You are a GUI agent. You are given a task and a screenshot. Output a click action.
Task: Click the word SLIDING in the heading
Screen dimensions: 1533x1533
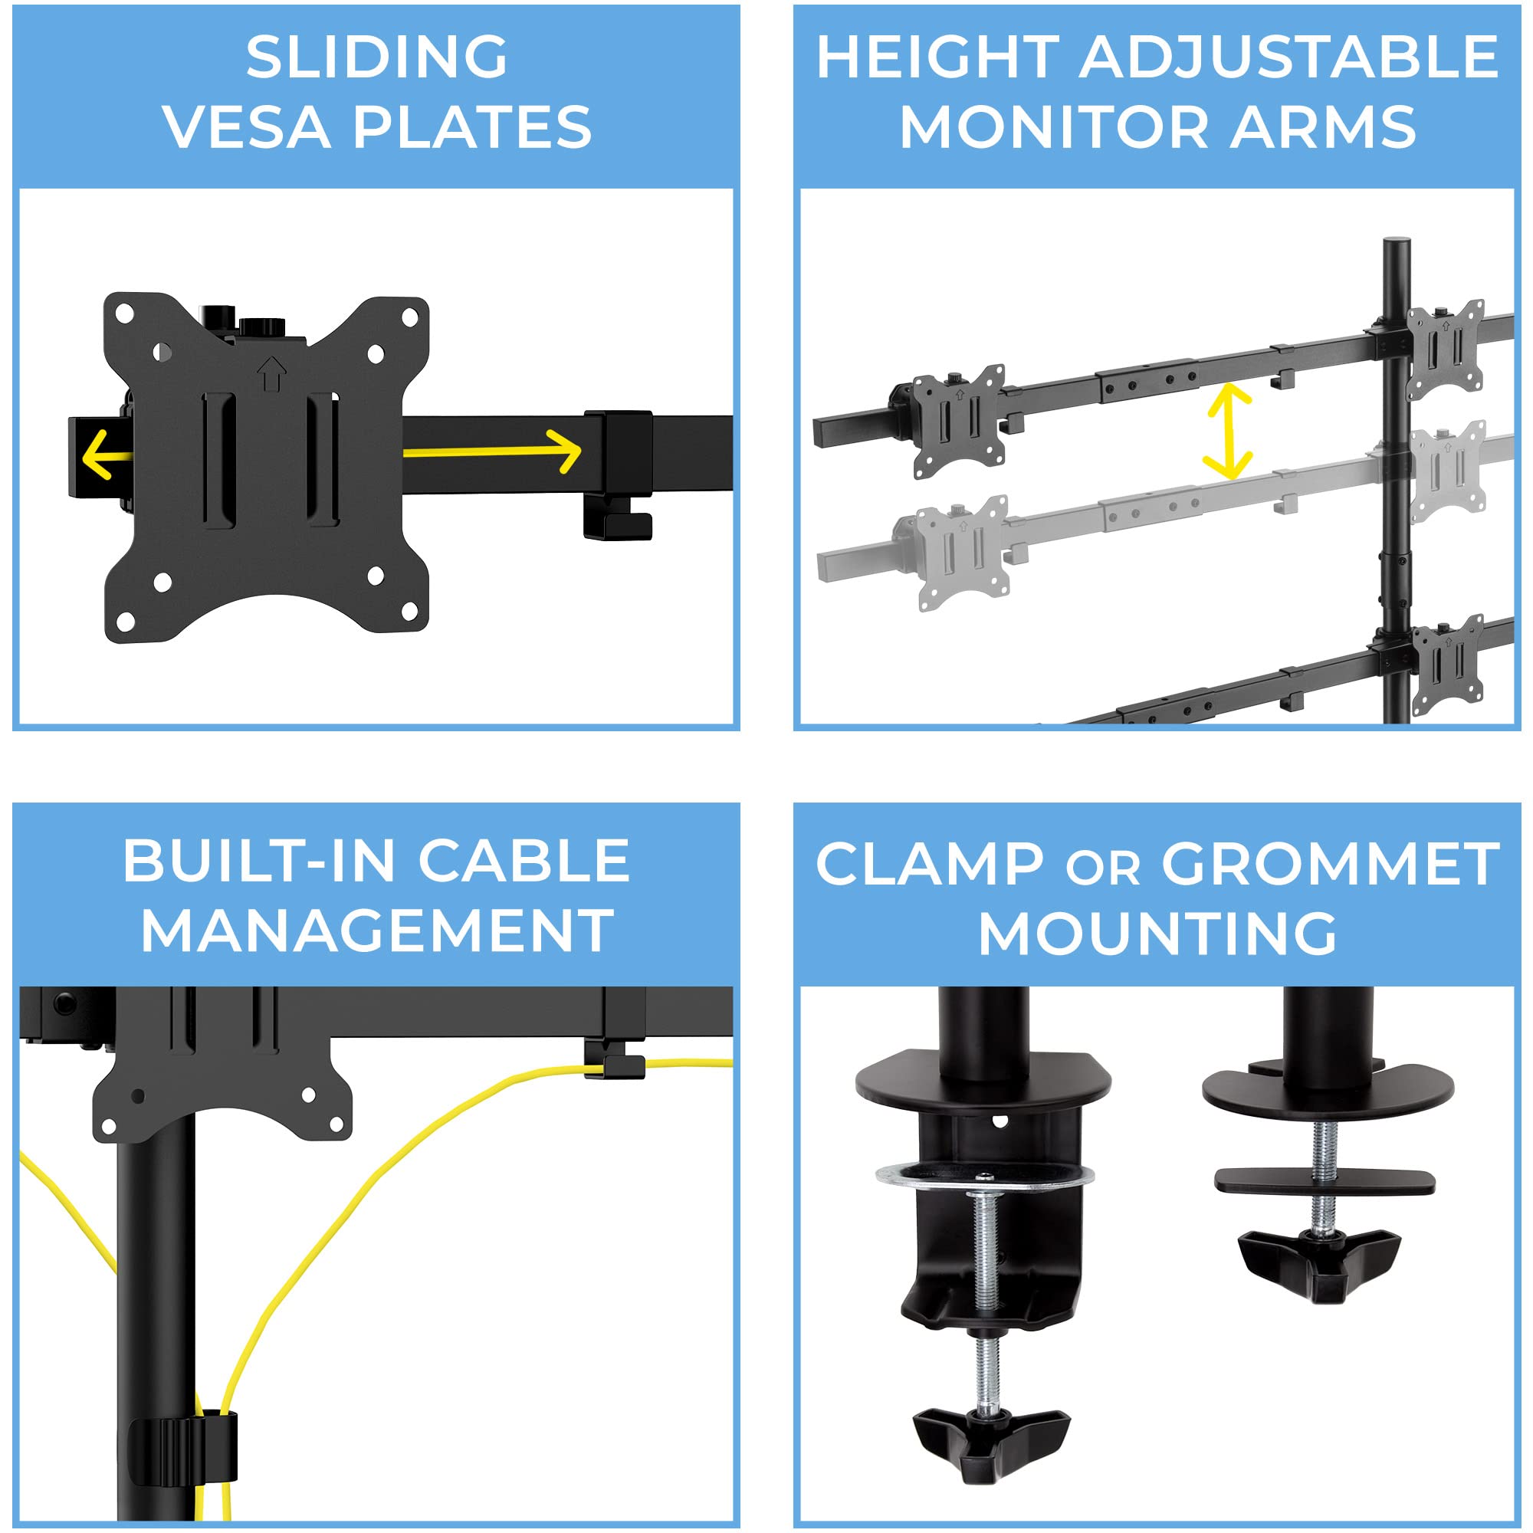[x=377, y=57]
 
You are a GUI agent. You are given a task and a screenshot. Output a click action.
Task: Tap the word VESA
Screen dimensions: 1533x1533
[x=247, y=127]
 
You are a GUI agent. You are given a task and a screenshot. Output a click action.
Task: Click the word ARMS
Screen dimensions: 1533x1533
[x=1323, y=127]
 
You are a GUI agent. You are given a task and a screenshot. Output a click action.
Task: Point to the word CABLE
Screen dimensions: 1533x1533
[x=524, y=861]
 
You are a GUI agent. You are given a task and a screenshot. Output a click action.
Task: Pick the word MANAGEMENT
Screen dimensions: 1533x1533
[x=377, y=931]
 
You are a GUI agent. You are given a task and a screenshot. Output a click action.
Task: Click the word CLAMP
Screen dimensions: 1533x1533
[x=929, y=864]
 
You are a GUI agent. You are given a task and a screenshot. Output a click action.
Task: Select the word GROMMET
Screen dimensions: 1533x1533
[x=1331, y=864]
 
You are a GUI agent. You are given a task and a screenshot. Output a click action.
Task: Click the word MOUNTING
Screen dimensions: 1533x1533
[x=1157, y=934]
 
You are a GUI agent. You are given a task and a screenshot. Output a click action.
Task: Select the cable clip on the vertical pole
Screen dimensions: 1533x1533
[x=183, y=1450]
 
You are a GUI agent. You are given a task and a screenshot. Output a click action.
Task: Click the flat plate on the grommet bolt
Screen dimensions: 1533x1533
[x=1325, y=1182]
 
